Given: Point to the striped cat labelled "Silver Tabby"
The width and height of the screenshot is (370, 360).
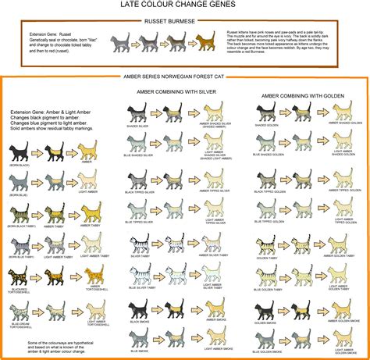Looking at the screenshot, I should [141, 244].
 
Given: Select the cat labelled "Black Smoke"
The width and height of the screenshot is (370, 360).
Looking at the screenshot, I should [141, 308].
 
